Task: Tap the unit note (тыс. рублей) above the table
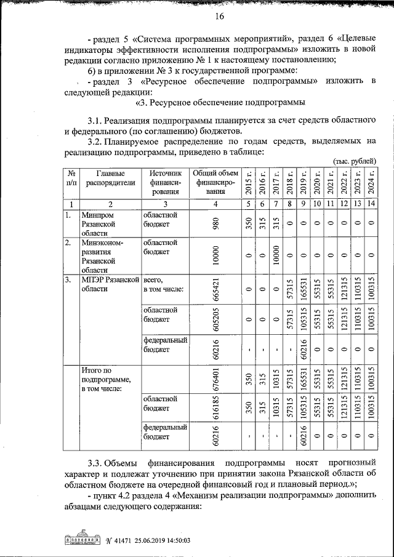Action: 354,161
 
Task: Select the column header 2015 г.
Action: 248,182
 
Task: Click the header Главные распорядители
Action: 110,178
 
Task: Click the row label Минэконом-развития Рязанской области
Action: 103,256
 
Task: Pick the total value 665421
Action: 214,289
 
